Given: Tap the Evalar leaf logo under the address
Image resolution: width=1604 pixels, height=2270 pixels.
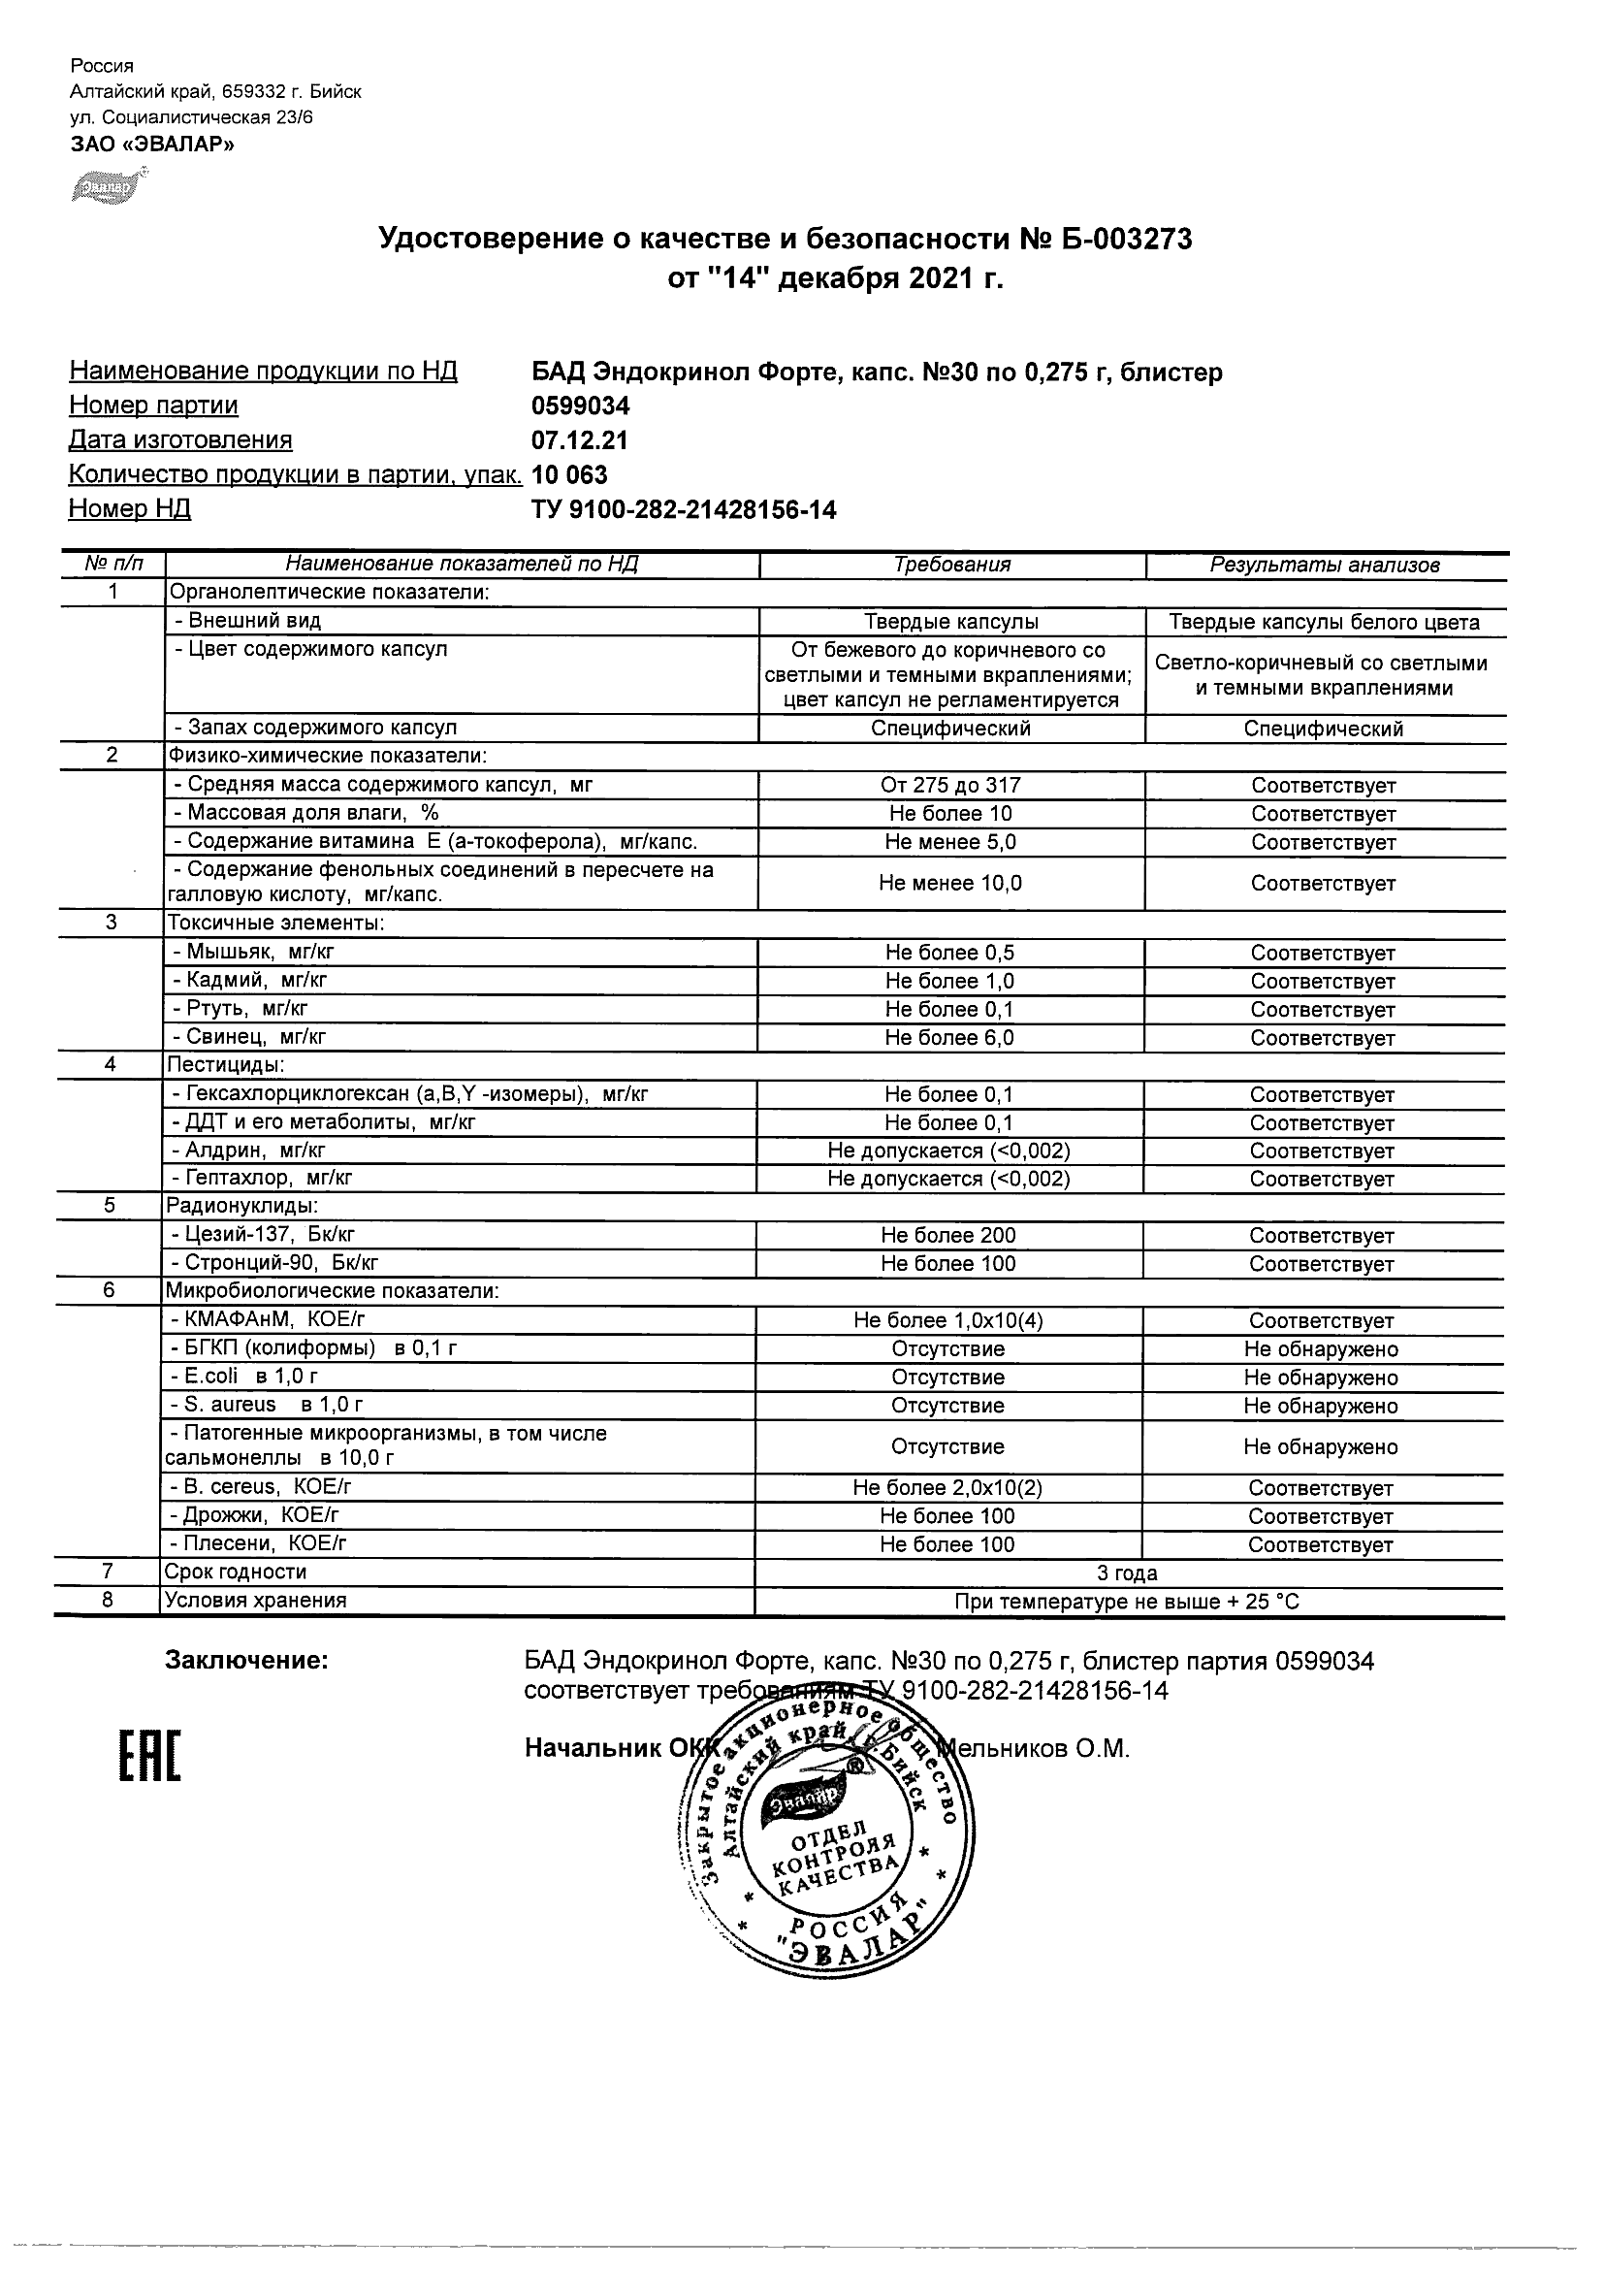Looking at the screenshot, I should (108, 186).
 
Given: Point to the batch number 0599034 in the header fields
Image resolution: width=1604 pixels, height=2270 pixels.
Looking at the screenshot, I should (580, 406).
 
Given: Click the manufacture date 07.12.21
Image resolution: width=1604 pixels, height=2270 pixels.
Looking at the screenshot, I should (579, 440).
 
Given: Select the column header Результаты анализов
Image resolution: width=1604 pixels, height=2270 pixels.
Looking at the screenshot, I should (1325, 565).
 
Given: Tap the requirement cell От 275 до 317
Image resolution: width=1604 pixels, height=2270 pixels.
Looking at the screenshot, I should (949, 785).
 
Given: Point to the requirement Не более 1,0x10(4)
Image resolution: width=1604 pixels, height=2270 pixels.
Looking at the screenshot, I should (947, 1320).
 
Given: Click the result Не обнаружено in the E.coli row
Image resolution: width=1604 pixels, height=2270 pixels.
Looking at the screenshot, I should (1321, 1378).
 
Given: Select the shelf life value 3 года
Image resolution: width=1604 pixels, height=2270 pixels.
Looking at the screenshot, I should (1127, 1573).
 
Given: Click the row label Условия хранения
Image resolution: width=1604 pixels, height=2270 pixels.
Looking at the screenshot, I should (256, 1600).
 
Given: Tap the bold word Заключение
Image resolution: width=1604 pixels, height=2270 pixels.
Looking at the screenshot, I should (246, 1661).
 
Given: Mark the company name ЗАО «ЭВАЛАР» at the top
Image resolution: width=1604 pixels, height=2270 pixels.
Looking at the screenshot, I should (152, 145).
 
